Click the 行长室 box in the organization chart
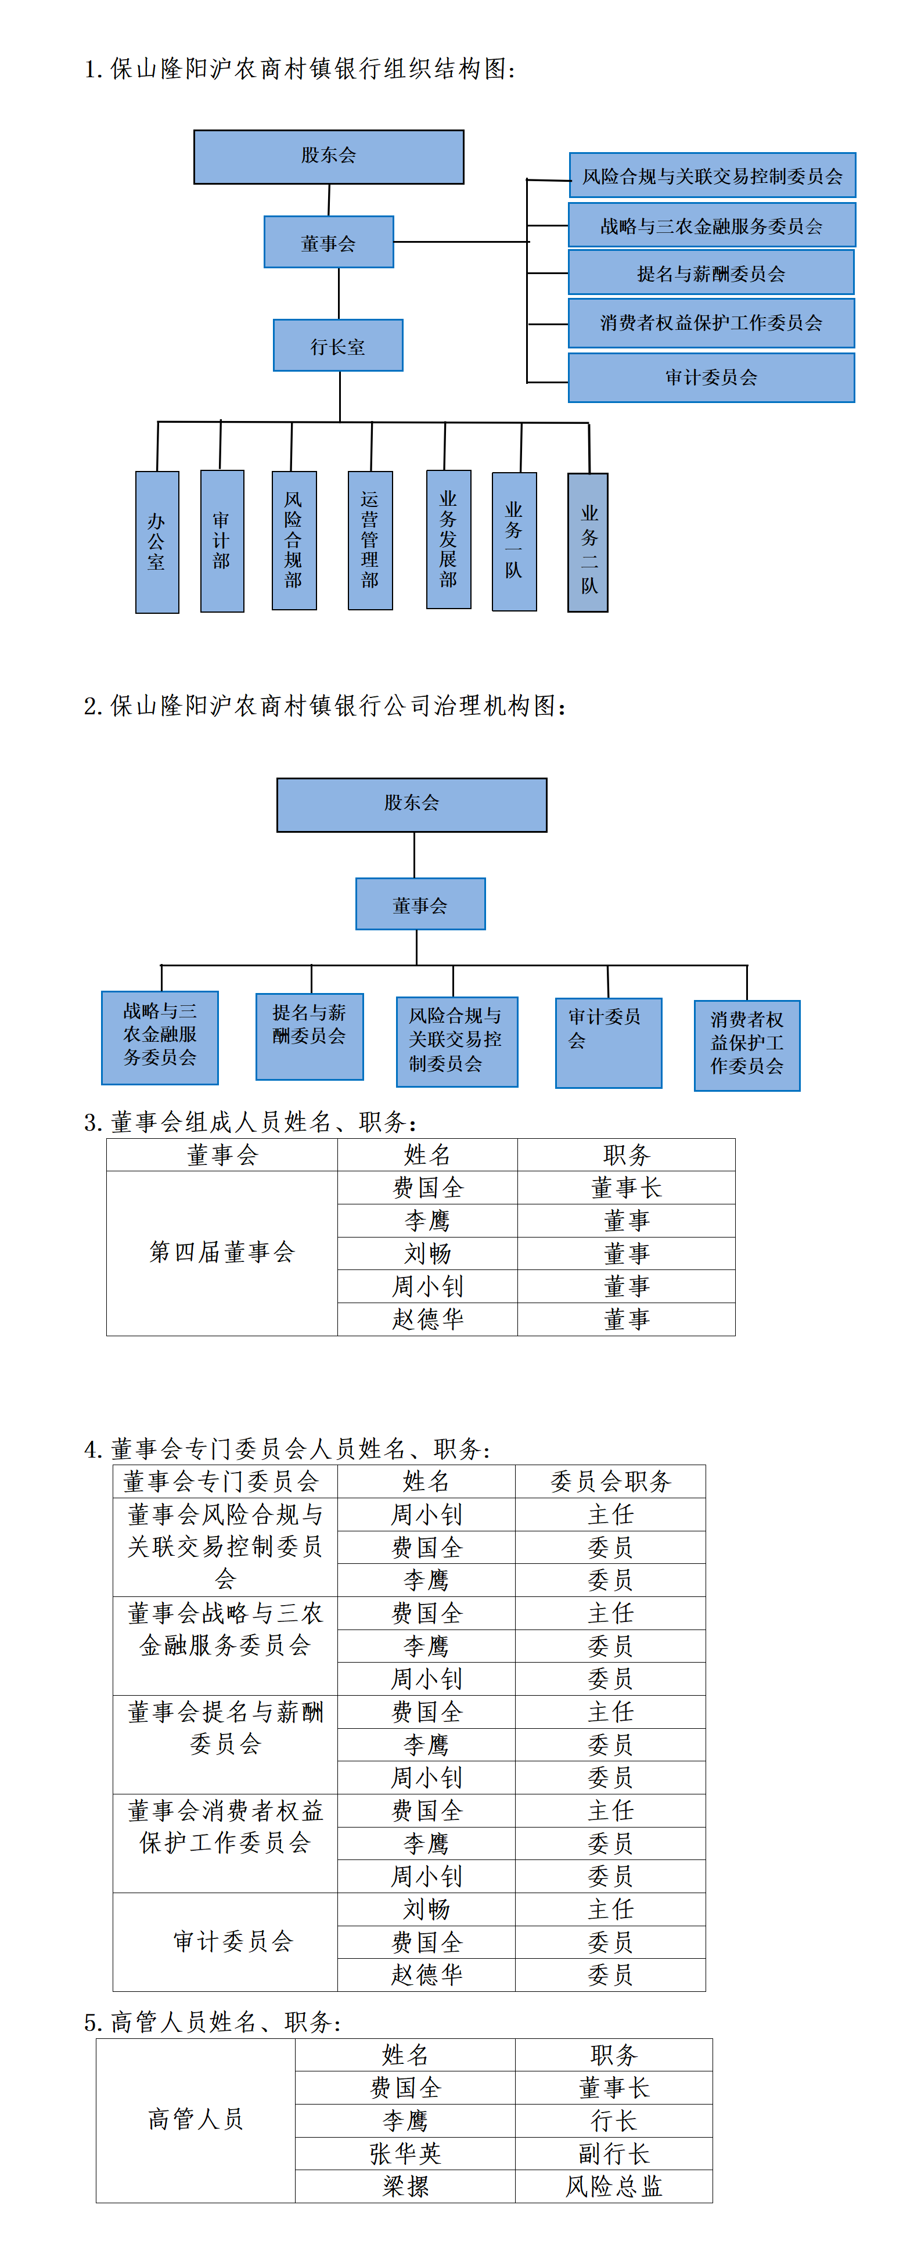(x=338, y=346)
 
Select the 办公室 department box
(x=157, y=542)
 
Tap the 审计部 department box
(x=222, y=541)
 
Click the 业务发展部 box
(x=448, y=539)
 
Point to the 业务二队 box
(x=588, y=543)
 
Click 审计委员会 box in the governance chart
(x=608, y=1043)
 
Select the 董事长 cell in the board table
(x=625, y=1188)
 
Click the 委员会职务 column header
(x=610, y=1482)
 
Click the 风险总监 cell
(x=613, y=2187)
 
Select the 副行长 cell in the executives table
(x=613, y=2154)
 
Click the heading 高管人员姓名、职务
(x=213, y=2022)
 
